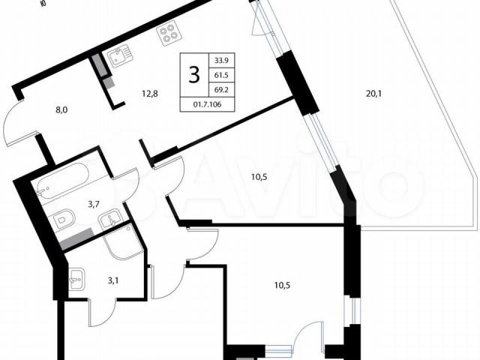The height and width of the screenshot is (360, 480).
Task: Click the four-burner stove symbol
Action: tap(169, 34)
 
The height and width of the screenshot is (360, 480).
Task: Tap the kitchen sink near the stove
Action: tap(120, 55)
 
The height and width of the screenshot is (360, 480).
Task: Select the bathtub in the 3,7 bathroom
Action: tap(63, 178)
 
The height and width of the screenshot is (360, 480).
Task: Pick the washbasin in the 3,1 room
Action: tap(76, 279)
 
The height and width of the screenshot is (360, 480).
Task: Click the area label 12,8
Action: tap(150, 94)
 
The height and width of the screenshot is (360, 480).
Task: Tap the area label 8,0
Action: tap(61, 110)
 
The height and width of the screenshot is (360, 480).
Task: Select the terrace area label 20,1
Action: tap(373, 94)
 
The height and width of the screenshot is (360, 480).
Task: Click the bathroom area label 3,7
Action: tap(93, 205)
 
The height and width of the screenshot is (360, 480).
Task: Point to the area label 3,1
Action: tap(113, 280)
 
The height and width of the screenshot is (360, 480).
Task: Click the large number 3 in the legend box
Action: tap(194, 75)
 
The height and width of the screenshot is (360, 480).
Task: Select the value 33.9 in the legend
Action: tap(221, 60)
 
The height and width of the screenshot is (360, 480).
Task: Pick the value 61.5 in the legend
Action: tap(221, 75)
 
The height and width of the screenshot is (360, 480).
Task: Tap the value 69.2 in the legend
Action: tap(221, 90)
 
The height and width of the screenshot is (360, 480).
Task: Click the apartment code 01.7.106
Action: tap(207, 104)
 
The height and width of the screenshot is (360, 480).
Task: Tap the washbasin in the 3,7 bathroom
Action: tap(110, 218)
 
